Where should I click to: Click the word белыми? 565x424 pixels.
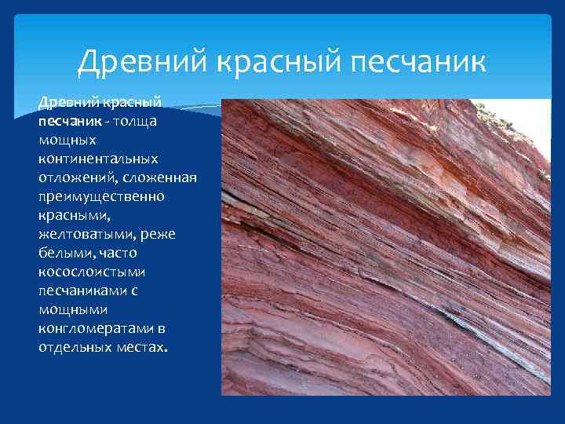point(62,252)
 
